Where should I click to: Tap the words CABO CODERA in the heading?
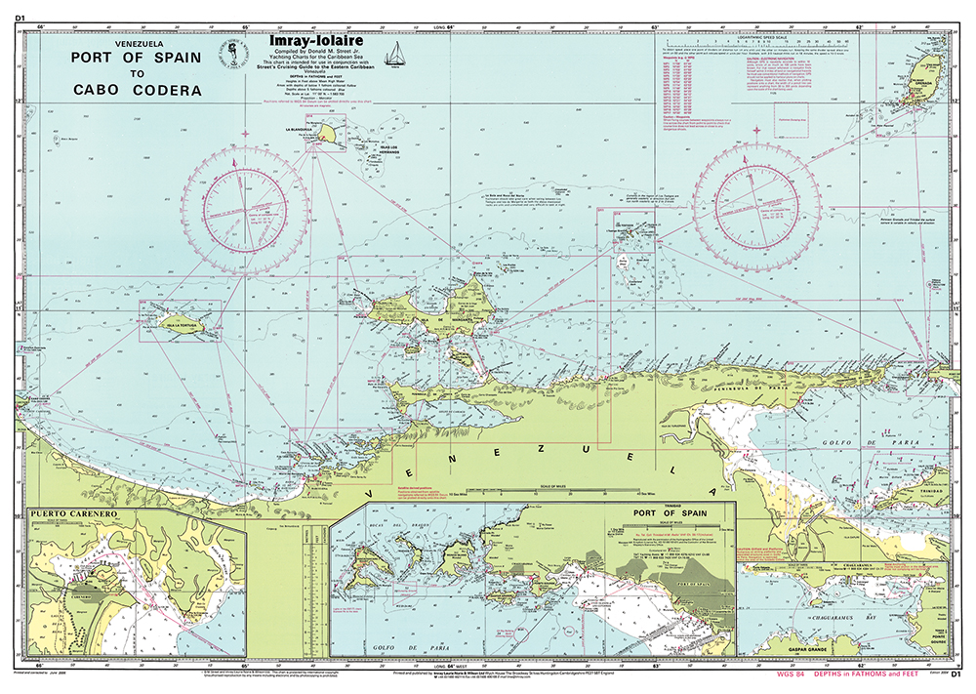click(138, 90)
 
